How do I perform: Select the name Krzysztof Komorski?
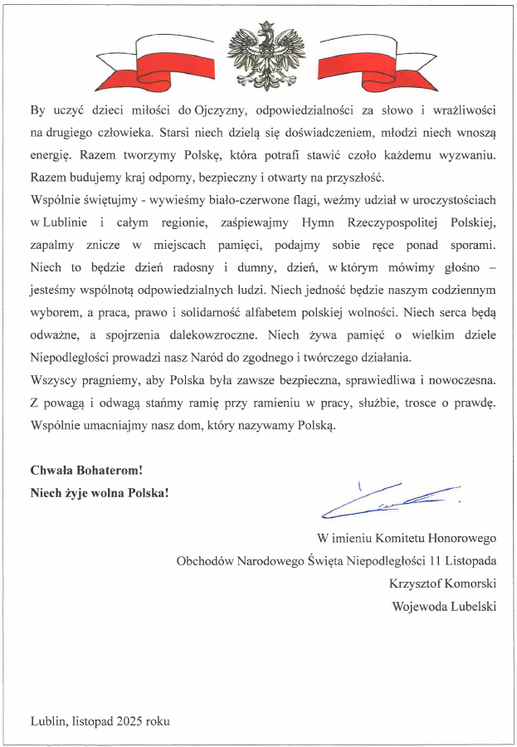click(x=442, y=583)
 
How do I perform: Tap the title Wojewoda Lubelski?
click(x=444, y=605)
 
